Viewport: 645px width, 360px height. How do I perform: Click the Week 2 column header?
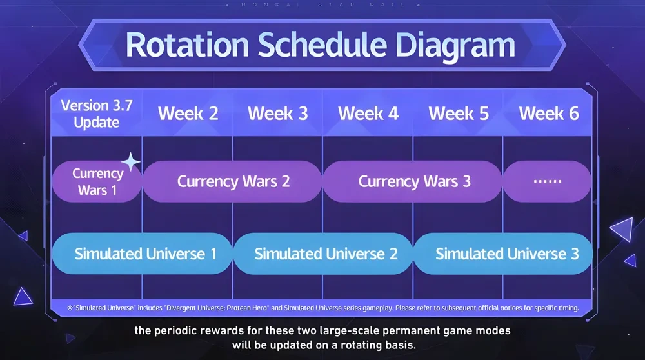coord(188,114)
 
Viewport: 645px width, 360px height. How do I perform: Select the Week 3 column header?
coord(277,114)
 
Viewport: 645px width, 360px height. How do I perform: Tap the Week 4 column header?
coord(368,114)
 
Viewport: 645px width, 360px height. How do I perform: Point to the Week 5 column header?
coord(459,114)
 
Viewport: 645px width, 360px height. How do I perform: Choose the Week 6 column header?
coord(549,114)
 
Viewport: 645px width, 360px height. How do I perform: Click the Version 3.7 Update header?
coord(97,114)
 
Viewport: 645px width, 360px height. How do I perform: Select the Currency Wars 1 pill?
coord(97,181)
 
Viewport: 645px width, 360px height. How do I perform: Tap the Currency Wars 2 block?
coord(232,181)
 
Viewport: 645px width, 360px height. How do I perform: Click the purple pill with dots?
coord(548,181)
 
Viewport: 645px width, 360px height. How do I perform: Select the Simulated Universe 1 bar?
coord(143,254)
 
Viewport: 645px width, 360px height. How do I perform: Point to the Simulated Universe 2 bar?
coord(323,254)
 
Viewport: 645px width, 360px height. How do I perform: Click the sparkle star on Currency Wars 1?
coord(131,162)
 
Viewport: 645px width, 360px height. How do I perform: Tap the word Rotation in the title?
coord(187,45)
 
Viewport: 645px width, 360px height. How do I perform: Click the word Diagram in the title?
coord(455,46)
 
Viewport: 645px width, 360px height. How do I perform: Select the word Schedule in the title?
coord(322,45)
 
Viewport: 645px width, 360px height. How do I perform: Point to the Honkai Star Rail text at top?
coord(322,5)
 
